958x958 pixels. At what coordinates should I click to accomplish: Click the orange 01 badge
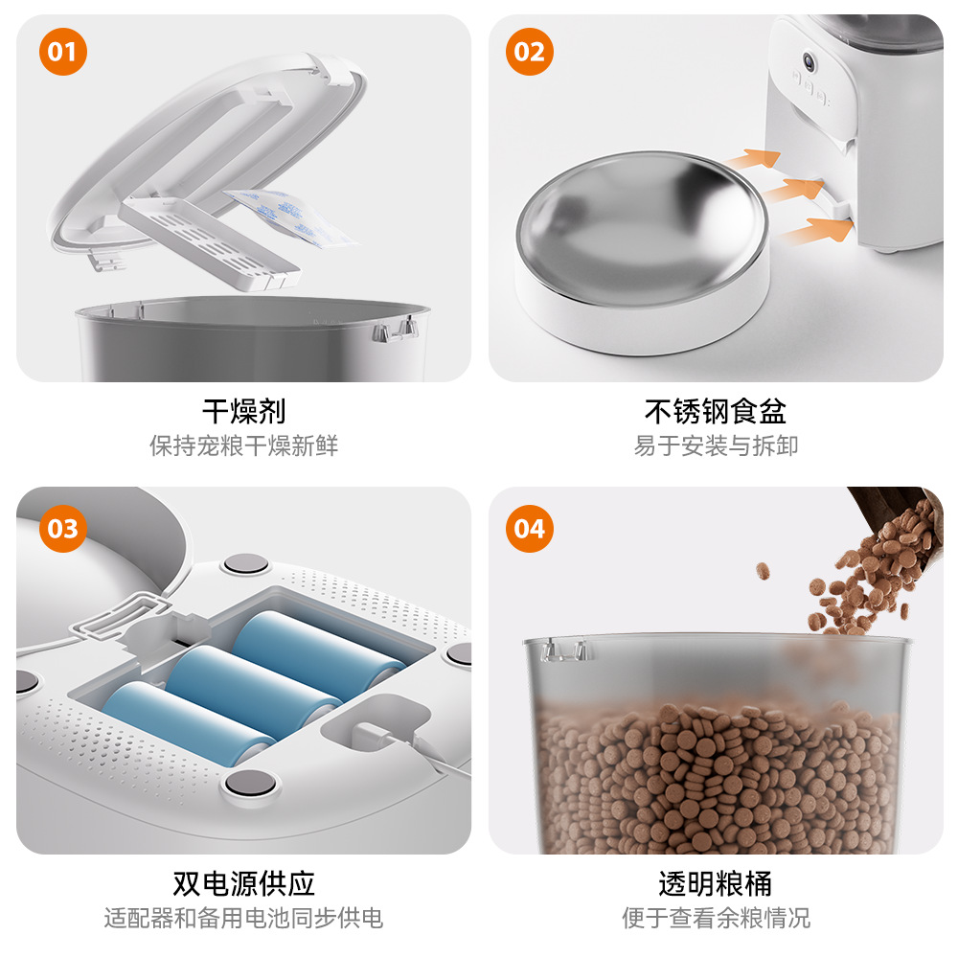click(x=63, y=52)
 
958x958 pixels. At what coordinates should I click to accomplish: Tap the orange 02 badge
click(x=530, y=52)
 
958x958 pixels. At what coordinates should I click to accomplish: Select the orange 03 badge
click(x=63, y=529)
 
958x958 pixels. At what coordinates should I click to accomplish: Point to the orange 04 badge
click(x=530, y=529)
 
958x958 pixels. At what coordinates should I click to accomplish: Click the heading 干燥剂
click(x=243, y=411)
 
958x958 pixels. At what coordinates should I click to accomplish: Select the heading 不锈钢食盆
click(x=716, y=411)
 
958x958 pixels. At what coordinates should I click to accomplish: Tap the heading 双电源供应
click(x=243, y=883)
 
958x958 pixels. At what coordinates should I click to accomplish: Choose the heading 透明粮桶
click(x=716, y=883)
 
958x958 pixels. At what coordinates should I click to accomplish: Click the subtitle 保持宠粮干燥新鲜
click(x=243, y=445)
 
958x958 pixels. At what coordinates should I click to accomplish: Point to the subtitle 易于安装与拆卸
click(x=716, y=445)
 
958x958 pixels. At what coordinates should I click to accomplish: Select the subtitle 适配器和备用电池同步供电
click(x=243, y=918)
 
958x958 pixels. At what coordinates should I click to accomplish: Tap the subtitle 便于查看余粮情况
click(x=716, y=918)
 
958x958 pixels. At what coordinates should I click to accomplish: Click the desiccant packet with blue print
click(x=290, y=217)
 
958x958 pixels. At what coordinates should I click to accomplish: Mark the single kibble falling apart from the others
click(x=763, y=571)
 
